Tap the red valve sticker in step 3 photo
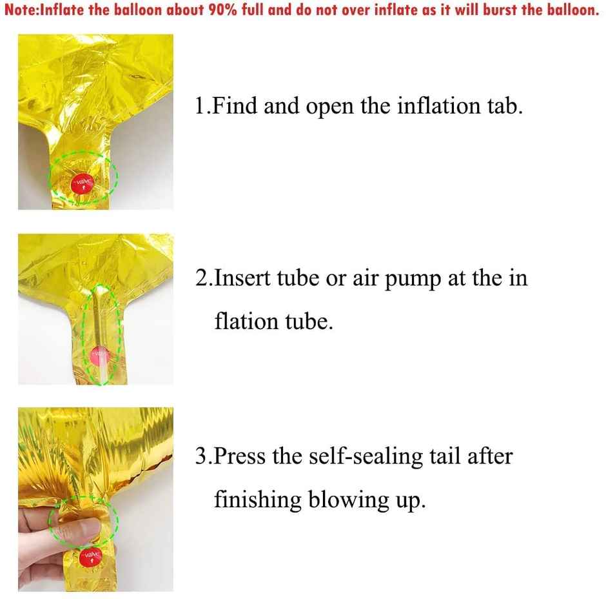tap(91, 557)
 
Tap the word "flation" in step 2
tap(246, 321)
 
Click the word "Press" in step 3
tap(239, 456)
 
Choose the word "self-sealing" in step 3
tap(366, 456)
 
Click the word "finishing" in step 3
tap(258, 500)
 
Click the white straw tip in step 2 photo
tap(104, 376)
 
